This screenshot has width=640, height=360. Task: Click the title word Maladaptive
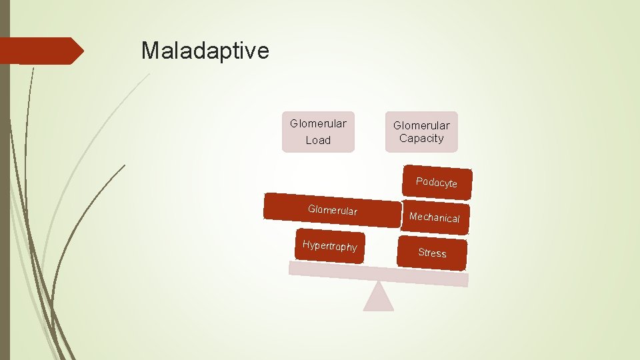pyautogui.click(x=205, y=51)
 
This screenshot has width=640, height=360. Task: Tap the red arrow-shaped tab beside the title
pyautogui.click(x=40, y=51)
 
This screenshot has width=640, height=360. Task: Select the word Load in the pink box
pyautogui.click(x=318, y=141)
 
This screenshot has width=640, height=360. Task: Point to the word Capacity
pyautogui.click(x=421, y=139)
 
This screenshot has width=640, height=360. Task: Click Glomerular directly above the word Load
pyautogui.click(x=318, y=124)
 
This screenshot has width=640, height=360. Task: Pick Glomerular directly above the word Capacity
pyautogui.click(x=421, y=125)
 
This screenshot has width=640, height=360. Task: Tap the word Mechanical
pyautogui.click(x=435, y=218)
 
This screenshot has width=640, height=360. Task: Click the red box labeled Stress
pyautogui.click(x=432, y=253)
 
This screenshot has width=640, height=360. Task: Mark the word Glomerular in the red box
pyautogui.click(x=333, y=211)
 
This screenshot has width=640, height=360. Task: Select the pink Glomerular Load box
pyautogui.click(x=318, y=132)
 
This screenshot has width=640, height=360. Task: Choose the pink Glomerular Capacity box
pyautogui.click(x=421, y=132)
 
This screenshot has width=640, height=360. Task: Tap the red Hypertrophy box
pyautogui.click(x=330, y=246)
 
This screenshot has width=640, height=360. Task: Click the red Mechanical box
pyautogui.click(x=435, y=218)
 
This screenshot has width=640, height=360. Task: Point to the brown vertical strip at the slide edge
pyautogui.click(x=5, y=200)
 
